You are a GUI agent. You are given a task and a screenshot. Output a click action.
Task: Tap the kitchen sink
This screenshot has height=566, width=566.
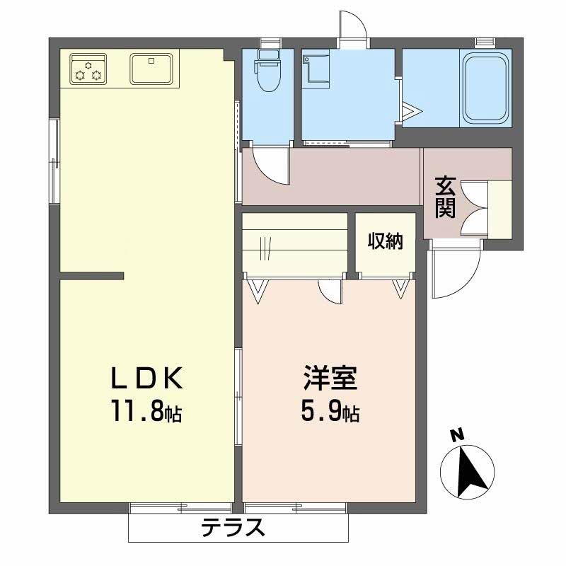click(x=151, y=69)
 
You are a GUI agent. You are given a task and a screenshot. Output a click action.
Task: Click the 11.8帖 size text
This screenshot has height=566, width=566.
click(x=149, y=411)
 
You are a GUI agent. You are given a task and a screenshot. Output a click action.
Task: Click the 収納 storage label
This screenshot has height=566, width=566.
click(x=385, y=241)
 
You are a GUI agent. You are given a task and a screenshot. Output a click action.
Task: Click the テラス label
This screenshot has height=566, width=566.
click(x=233, y=527)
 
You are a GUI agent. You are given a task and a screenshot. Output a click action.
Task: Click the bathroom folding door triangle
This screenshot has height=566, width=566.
click(x=410, y=110)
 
